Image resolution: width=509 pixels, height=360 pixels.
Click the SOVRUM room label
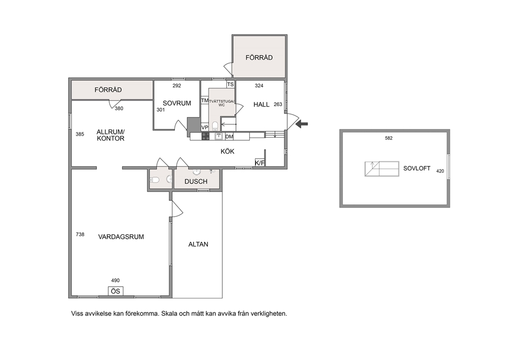point(177,103)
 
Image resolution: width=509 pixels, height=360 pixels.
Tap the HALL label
point(261,105)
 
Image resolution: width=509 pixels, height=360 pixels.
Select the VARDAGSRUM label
point(121,237)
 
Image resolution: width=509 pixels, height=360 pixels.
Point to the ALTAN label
point(199,244)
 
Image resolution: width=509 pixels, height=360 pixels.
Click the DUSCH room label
point(195,182)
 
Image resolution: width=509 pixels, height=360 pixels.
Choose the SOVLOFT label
point(417,168)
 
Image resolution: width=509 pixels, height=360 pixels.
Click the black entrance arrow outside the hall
point(302,123)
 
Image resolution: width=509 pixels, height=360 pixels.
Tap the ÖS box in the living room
point(115,291)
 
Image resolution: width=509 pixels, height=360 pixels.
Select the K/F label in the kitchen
point(260,163)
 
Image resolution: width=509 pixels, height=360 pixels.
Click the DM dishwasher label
point(229,137)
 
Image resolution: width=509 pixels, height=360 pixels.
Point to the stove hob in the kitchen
point(205,137)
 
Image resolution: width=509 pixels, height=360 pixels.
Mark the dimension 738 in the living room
point(80,234)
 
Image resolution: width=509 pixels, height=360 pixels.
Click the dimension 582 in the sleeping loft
point(388,138)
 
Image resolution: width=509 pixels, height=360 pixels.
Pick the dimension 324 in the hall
point(259,86)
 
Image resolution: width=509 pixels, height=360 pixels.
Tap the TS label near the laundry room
point(230,84)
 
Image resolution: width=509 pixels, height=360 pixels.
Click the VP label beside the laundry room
point(205,127)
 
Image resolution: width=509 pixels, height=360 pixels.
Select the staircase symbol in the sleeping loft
point(382,169)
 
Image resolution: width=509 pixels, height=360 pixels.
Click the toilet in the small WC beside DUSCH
point(154,179)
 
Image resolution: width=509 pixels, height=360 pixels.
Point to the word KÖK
point(227,151)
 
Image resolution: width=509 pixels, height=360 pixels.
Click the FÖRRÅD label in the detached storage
point(259,58)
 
